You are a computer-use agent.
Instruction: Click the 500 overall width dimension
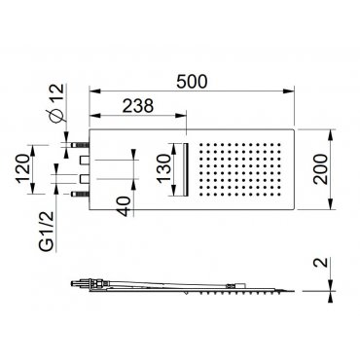[x=192, y=82]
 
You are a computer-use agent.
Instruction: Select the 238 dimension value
[x=137, y=106]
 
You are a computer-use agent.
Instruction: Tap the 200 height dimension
[x=320, y=169]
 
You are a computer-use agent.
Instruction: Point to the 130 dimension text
[x=164, y=168]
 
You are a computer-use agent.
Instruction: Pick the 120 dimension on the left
[x=24, y=168]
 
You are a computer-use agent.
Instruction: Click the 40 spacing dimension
[x=125, y=206]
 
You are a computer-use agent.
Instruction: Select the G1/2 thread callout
[x=47, y=232]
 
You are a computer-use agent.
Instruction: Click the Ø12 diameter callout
[x=55, y=102]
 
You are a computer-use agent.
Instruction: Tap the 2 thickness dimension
[x=320, y=262]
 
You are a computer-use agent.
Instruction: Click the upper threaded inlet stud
[x=80, y=144]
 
